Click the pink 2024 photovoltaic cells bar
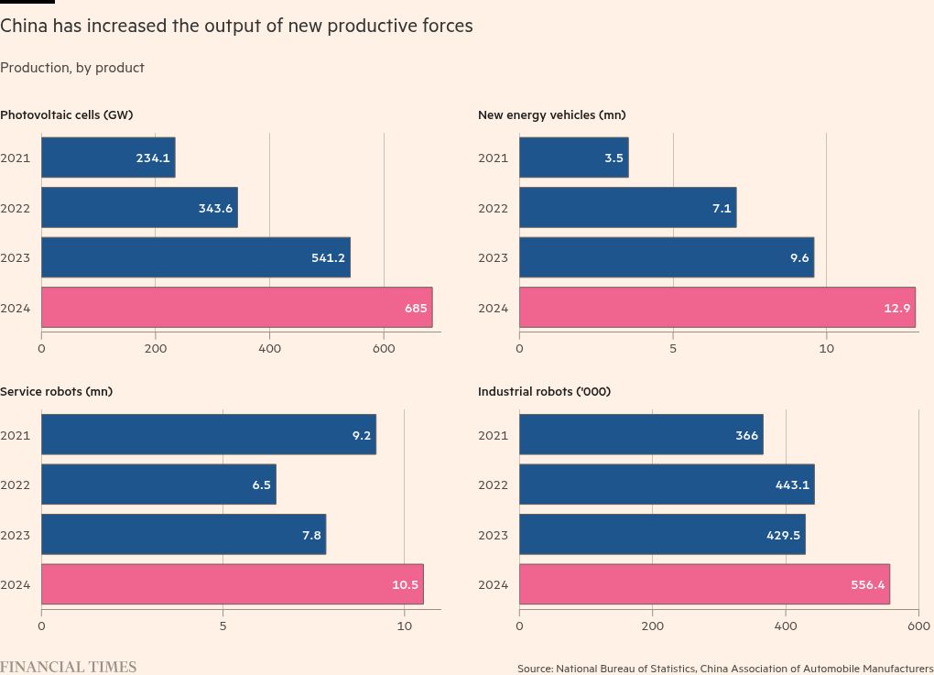coord(236,308)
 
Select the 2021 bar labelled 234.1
coord(108,158)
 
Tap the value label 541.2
coord(328,258)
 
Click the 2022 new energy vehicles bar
coord(627,208)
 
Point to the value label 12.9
coord(897,309)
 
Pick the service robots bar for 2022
coord(158,484)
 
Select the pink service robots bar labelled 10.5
coord(232,584)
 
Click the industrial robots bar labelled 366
coord(641,435)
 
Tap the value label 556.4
coord(867,585)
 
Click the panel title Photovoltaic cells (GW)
coord(67,114)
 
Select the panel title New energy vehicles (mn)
coord(552,114)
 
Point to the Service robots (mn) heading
coord(56,391)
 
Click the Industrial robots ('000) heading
coord(544,391)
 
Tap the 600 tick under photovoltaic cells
coord(384,349)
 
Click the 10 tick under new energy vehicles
coord(827,349)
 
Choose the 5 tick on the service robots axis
coord(223,626)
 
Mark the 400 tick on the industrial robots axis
coord(786,626)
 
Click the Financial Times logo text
coord(68,667)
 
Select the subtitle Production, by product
coord(72,68)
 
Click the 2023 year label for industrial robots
coord(493,535)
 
